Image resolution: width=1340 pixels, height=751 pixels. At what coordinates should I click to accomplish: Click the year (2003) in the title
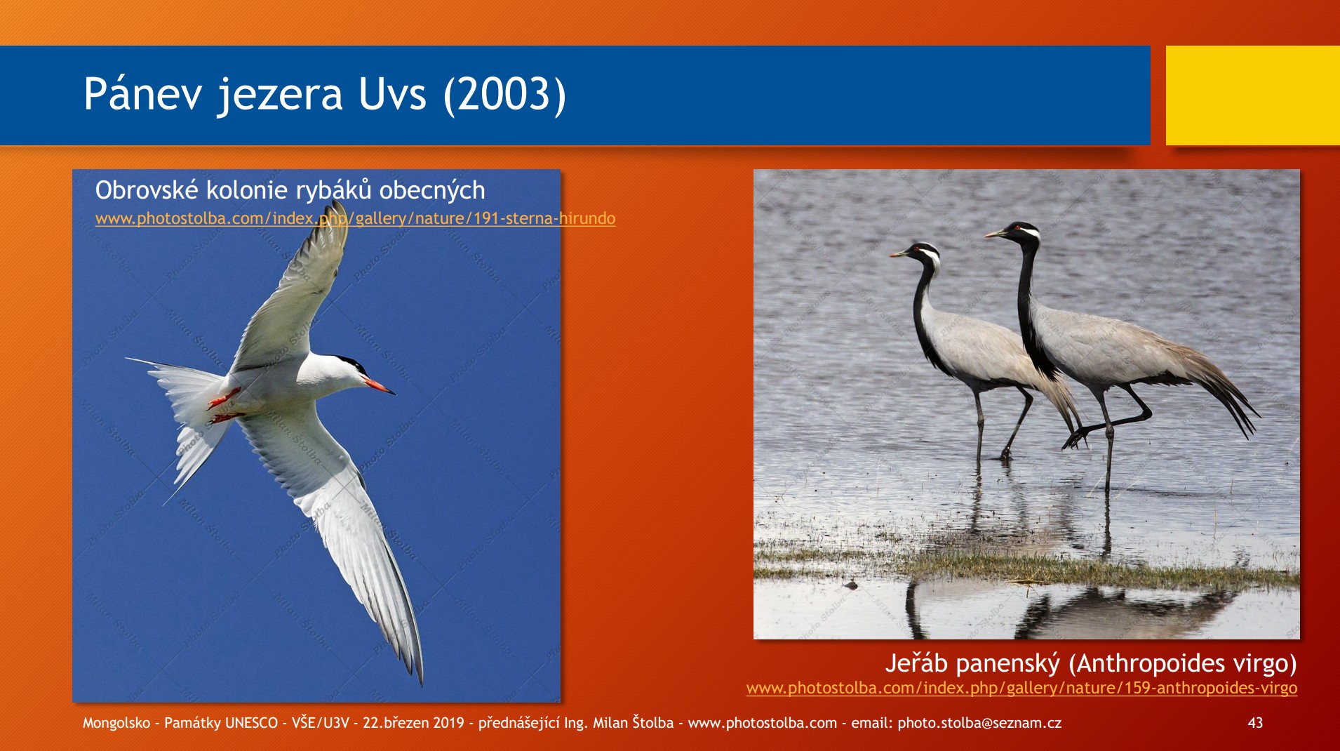click(504, 94)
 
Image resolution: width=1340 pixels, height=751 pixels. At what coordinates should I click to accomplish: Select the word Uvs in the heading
click(392, 94)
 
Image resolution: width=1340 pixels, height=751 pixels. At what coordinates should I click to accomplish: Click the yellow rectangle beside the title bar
click(1253, 95)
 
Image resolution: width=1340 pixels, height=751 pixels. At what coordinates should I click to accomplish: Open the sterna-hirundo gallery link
click(355, 218)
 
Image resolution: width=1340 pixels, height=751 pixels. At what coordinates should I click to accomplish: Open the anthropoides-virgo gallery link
click(1021, 688)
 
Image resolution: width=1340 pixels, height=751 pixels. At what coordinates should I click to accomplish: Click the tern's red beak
click(378, 385)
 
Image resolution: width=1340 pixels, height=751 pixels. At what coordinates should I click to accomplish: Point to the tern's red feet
click(225, 406)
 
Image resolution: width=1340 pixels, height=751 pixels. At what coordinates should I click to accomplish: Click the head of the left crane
click(919, 253)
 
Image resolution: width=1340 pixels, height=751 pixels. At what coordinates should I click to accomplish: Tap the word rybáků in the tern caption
click(334, 190)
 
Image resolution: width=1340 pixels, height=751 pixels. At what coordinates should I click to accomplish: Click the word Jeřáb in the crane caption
click(916, 663)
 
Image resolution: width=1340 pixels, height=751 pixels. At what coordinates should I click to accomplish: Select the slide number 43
click(1255, 723)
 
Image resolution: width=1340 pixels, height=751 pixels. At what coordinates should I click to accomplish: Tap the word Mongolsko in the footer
click(116, 723)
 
